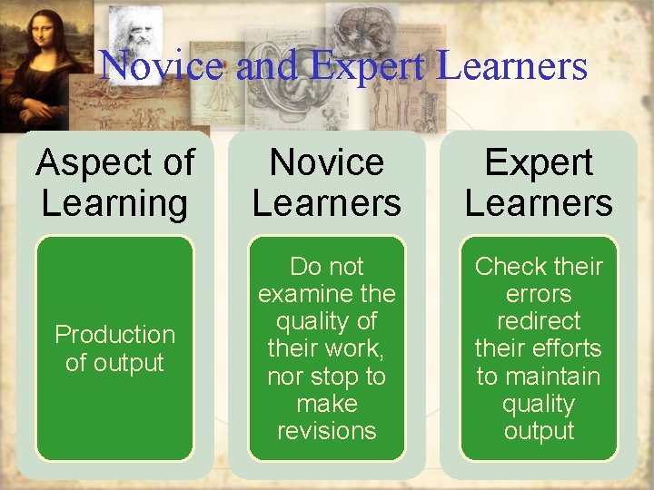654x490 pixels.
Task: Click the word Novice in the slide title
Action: click(x=160, y=66)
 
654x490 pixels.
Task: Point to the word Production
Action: click(x=114, y=335)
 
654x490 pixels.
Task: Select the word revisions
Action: click(x=326, y=430)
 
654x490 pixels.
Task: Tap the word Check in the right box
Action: click(x=507, y=267)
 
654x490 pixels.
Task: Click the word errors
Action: click(x=539, y=294)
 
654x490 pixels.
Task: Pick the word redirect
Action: click(x=539, y=321)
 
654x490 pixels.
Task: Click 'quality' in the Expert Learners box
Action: click(x=539, y=403)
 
